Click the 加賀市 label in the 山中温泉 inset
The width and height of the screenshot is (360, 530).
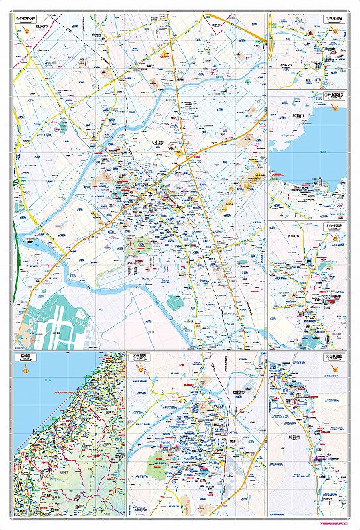[294, 437]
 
